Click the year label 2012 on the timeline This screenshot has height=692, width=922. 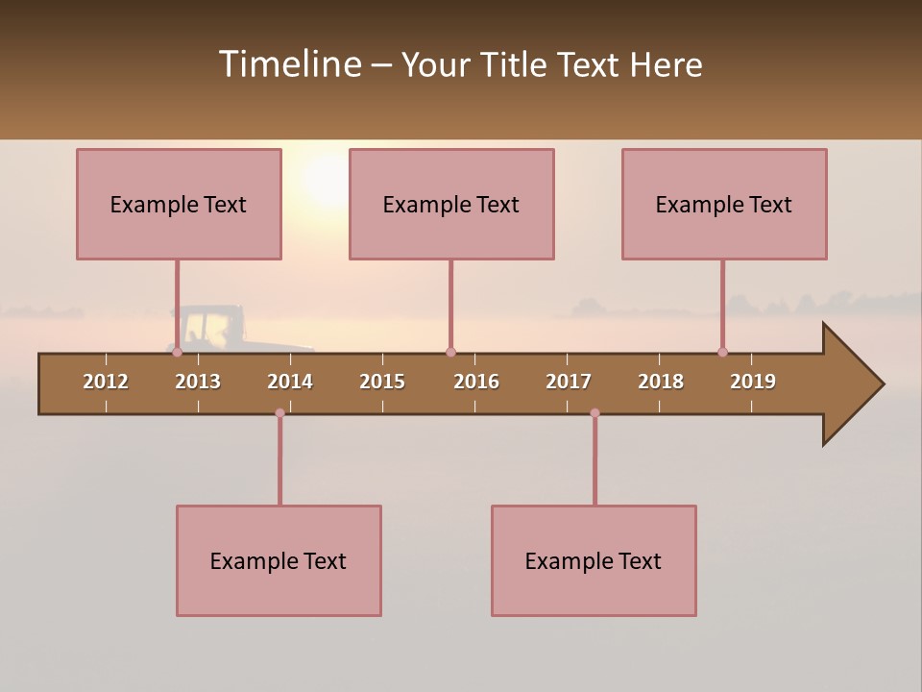[x=106, y=382]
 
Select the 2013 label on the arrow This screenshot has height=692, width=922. [x=198, y=382]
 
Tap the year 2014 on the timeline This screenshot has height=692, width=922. [x=290, y=382]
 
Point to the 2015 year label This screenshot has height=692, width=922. [x=382, y=382]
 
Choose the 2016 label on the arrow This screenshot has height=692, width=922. [x=476, y=382]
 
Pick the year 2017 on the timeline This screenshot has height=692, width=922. [x=569, y=382]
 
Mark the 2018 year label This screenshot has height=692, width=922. [x=661, y=382]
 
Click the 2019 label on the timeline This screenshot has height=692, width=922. [x=753, y=382]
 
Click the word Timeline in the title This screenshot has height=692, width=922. [x=288, y=64]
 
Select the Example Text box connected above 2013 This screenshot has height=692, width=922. [x=179, y=204]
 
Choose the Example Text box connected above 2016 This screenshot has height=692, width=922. [x=451, y=204]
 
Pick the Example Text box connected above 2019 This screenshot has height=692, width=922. [x=724, y=204]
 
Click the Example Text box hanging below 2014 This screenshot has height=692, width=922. [x=279, y=560]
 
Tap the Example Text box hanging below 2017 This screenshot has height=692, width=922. [x=594, y=560]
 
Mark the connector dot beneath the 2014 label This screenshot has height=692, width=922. [x=279, y=413]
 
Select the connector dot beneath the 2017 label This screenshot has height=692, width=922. [x=594, y=413]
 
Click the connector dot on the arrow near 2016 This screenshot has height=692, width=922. [x=450, y=352]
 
